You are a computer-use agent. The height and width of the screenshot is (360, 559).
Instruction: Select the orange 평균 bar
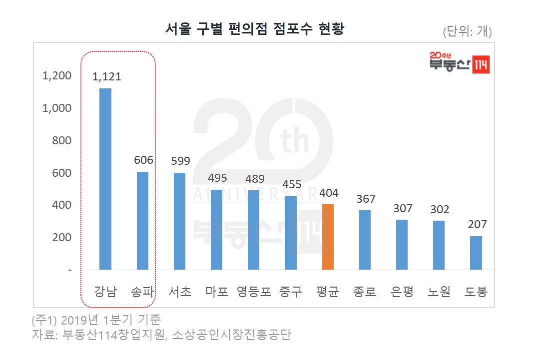[328, 237]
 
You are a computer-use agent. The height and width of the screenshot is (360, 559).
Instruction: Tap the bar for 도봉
[476, 253]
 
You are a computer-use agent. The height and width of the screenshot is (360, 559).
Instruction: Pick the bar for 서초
[179, 221]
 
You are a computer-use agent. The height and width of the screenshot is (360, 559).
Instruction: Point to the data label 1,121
[106, 76]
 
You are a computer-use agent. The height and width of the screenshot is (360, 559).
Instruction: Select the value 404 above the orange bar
[328, 193]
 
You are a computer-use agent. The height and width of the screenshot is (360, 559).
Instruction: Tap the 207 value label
[476, 224]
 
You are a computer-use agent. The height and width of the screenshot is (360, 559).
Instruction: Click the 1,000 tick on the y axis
[57, 108]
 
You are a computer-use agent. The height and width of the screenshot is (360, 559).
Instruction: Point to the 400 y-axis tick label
[61, 205]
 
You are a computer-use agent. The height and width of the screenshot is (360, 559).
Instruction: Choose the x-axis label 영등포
[254, 292]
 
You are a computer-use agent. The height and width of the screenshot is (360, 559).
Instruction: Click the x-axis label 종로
[365, 292]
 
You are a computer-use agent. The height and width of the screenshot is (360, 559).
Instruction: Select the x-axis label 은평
[402, 292]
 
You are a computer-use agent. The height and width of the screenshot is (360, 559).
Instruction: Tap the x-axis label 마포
[217, 292]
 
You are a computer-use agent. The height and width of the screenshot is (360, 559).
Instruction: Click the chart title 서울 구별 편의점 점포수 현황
[255, 29]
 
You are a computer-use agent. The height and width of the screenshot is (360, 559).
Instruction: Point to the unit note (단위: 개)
[467, 32]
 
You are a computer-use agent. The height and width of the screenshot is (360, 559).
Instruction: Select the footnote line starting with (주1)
[96, 320]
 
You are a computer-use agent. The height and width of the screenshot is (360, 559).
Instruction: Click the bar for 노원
[439, 245]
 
